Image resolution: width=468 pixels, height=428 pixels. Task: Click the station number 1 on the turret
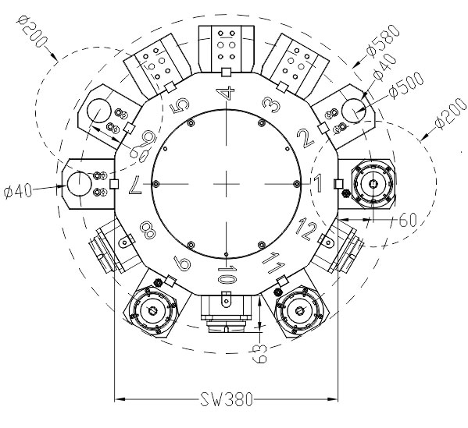pyautogui.click(x=318, y=183)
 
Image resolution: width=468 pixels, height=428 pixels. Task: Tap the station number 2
pyautogui.click(x=305, y=138)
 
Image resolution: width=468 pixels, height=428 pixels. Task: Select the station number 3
pyautogui.click(x=272, y=104)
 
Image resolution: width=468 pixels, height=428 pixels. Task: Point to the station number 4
pyautogui.click(x=227, y=93)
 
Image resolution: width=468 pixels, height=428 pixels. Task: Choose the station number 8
pyautogui.click(x=148, y=231)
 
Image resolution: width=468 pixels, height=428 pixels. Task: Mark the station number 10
pyautogui.click(x=227, y=274)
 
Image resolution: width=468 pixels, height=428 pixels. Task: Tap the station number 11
pyautogui.click(x=274, y=262)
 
